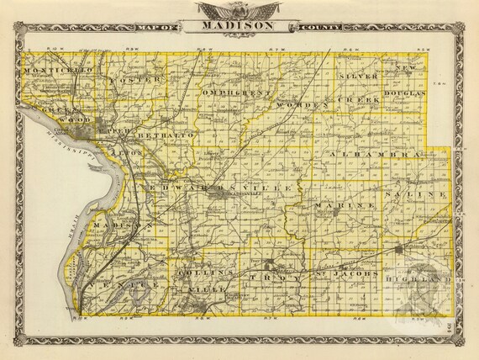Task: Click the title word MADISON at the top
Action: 239,26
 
